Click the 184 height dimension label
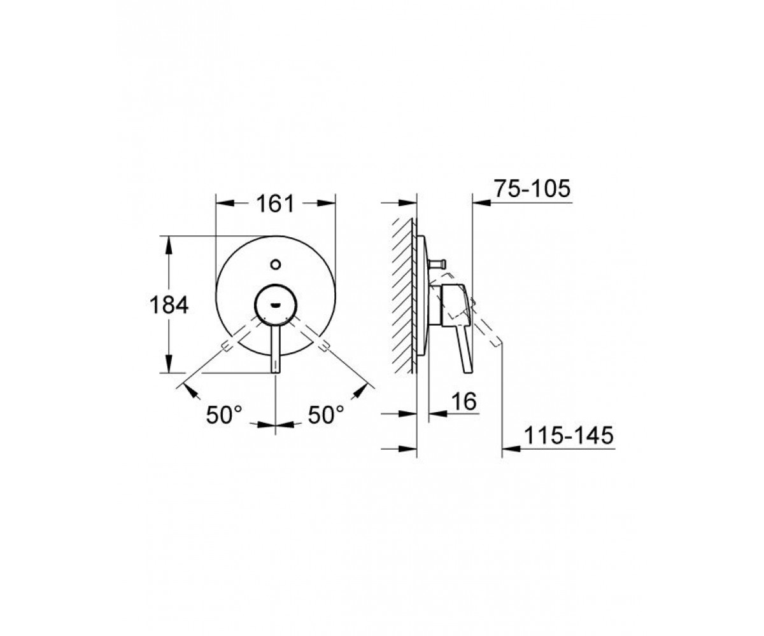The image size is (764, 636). (x=169, y=305)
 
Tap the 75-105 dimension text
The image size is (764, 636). (x=532, y=189)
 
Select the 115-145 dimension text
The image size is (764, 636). (x=569, y=435)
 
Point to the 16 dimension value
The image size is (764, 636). (x=464, y=401)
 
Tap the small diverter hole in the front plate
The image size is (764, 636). (x=276, y=263)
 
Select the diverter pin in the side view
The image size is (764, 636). (x=437, y=263)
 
